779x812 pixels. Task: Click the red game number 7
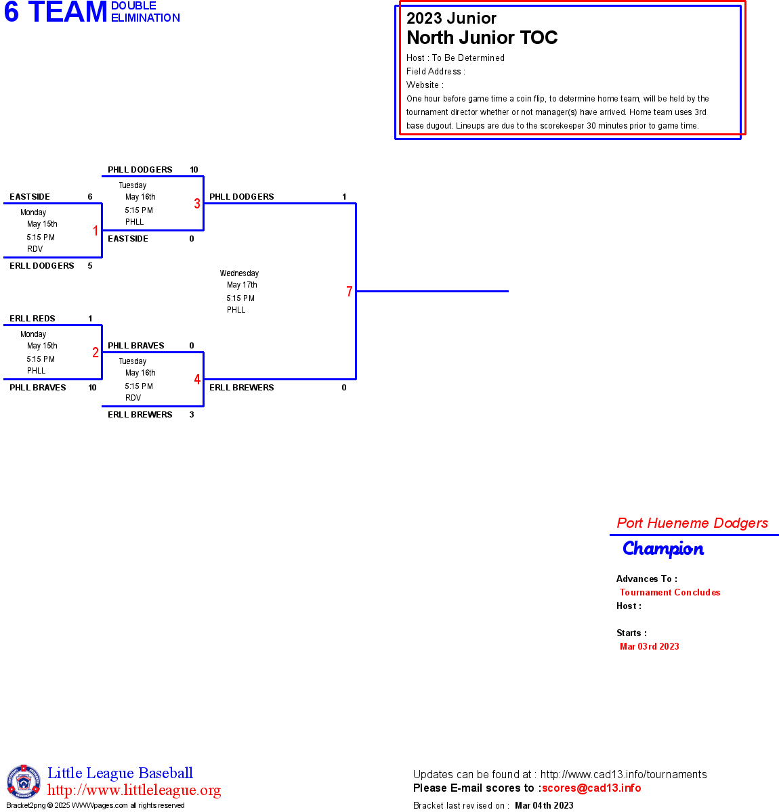point(350,292)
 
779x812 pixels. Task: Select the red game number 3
point(197,204)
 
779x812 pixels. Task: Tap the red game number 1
point(96,231)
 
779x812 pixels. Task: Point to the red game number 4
point(197,380)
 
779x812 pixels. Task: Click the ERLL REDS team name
point(33,319)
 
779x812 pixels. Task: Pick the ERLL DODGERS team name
point(42,266)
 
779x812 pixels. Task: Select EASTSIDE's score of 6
point(90,197)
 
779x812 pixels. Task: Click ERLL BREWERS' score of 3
point(192,415)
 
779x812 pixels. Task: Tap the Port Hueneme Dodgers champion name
point(692,523)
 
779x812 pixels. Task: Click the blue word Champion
point(663,549)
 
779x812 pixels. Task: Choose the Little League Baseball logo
point(24,782)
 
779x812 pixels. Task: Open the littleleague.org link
point(134,790)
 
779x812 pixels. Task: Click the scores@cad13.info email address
point(591,788)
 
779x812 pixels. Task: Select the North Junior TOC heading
point(482,38)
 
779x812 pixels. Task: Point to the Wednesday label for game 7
point(239,273)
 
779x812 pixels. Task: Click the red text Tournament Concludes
point(670,592)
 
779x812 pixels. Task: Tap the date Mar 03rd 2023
point(649,646)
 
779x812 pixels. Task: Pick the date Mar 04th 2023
point(544,805)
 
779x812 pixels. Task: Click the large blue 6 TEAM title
point(56,12)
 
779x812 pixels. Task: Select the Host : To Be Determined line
point(455,58)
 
